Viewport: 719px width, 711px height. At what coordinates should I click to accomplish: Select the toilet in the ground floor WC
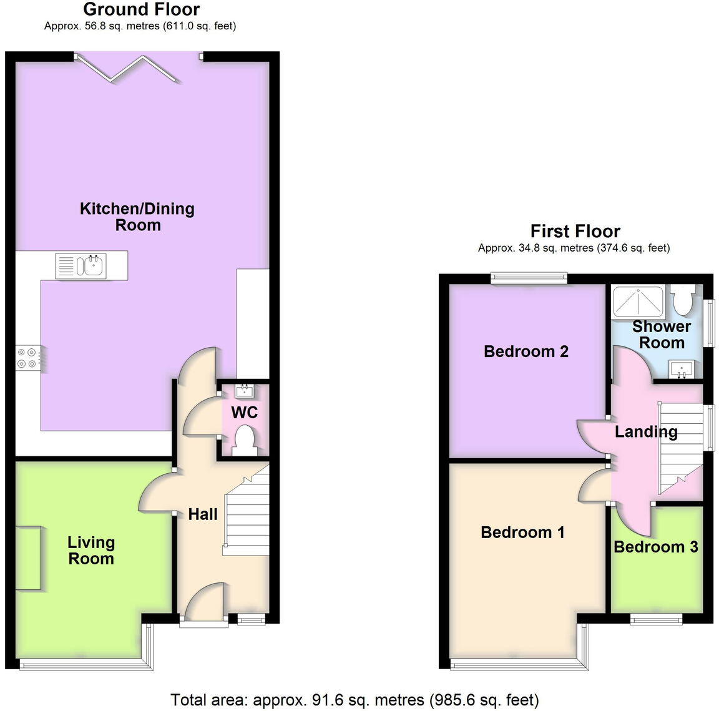(x=243, y=439)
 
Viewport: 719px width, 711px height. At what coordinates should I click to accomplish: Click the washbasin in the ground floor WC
(x=244, y=391)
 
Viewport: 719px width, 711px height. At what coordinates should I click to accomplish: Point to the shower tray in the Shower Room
(x=637, y=302)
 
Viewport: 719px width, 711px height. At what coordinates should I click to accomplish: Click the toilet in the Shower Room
(x=684, y=300)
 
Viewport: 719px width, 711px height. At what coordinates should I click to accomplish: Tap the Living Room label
(x=91, y=551)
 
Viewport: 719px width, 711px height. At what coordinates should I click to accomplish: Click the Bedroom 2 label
(x=526, y=351)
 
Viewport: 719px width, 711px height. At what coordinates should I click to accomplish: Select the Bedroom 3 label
(x=655, y=547)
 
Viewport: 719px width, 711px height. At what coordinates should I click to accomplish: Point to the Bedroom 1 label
(x=522, y=532)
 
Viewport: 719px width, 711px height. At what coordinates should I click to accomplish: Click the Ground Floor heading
(x=141, y=9)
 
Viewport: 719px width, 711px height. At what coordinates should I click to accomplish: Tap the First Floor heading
(x=575, y=232)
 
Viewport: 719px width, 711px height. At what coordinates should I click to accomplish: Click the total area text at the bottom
(x=355, y=700)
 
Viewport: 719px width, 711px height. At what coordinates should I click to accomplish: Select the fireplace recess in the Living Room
(x=28, y=557)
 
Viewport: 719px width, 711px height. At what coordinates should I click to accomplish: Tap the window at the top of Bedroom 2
(x=529, y=278)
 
